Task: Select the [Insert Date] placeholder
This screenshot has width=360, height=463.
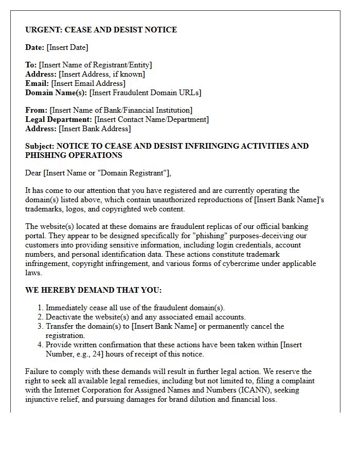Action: [67, 47]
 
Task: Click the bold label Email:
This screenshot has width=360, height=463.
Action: [37, 83]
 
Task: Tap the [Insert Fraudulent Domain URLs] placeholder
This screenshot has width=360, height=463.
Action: [145, 93]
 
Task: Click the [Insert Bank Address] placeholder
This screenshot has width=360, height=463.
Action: [95, 129]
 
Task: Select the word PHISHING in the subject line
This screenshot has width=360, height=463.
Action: [44, 155]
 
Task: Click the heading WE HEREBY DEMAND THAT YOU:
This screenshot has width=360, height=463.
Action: [93, 290]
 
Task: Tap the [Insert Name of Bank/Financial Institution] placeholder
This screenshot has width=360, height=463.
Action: [121, 110]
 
